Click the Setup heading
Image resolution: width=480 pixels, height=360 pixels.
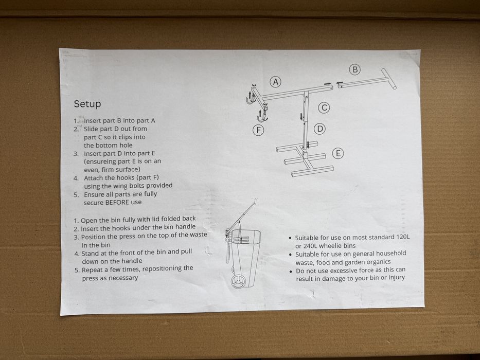(x=87, y=104)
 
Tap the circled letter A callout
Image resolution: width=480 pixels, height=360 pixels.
(x=276, y=82)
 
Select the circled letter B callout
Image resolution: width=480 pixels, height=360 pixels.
(x=355, y=70)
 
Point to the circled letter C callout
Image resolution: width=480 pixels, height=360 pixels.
(x=324, y=108)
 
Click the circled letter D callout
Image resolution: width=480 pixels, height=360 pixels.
(x=320, y=129)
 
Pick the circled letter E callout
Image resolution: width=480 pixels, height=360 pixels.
(x=338, y=153)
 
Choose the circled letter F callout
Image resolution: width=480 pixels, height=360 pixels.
(x=258, y=130)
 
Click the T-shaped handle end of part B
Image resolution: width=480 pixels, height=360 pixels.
(x=389, y=79)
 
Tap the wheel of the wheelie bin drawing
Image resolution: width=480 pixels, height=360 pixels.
(x=239, y=281)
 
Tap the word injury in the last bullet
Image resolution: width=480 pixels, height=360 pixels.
(x=397, y=278)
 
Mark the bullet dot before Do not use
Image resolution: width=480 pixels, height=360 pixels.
(x=291, y=271)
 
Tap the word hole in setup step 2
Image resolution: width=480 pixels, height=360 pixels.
(x=126, y=145)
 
